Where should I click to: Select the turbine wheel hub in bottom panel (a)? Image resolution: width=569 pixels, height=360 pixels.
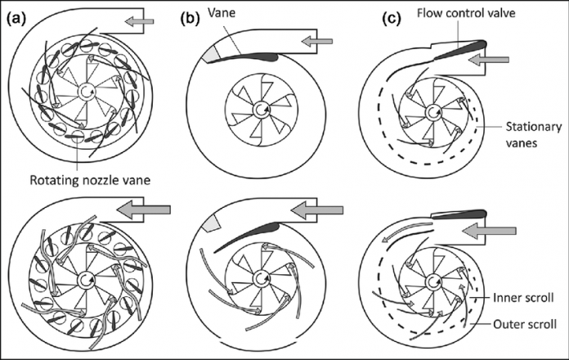pos(85,278)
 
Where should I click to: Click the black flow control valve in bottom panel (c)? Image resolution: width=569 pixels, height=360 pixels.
pos(458,214)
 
